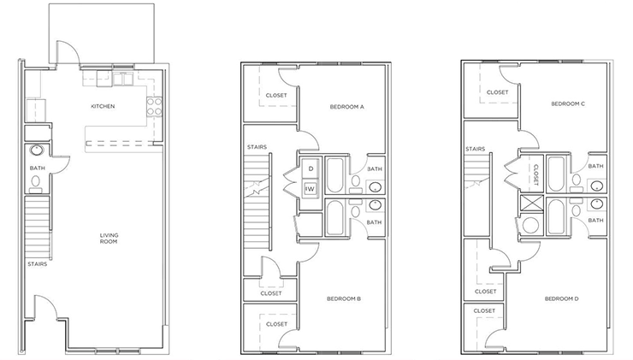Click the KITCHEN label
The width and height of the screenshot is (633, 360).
click(104, 107)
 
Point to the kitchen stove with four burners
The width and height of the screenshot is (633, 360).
click(156, 107)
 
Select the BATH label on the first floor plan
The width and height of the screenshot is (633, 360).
click(37, 168)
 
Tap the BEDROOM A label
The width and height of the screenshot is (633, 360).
click(347, 107)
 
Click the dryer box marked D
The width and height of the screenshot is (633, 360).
click(311, 169)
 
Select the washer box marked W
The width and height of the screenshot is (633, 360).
click(311, 187)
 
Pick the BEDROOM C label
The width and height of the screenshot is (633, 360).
click(567, 103)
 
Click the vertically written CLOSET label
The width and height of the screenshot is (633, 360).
click(535, 174)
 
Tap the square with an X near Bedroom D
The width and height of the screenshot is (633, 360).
click(532, 204)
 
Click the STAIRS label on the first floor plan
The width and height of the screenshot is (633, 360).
click(36, 263)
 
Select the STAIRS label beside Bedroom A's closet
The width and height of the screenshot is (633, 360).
click(257, 147)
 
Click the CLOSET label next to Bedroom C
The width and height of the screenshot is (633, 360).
click(498, 92)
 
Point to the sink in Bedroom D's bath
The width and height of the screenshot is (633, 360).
click(596, 204)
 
